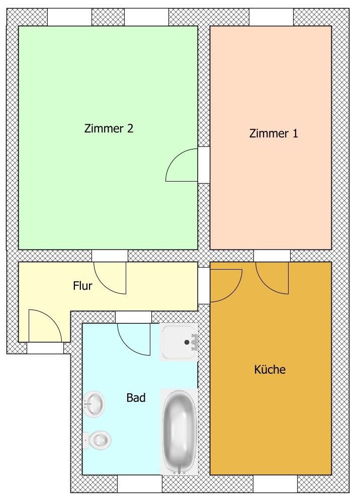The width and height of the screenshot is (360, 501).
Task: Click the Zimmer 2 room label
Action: pyautogui.click(x=109, y=128)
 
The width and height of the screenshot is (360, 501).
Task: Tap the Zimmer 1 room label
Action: pyautogui.click(x=274, y=133)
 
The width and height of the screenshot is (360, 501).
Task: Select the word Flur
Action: pyautogui.click(x=83, y=286)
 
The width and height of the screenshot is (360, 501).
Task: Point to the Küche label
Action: pyautogui.click(x=270, y=369)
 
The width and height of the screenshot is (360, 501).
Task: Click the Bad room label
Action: pyautogui.click(x=136, y=398)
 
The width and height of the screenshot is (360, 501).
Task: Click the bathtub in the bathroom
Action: pyautogui.click(x=179, y=432)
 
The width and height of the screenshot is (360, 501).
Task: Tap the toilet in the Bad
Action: pyautogui.click(x=98, y=440)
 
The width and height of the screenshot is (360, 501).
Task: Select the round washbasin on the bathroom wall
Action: pyautogui.click(x=94, y=404)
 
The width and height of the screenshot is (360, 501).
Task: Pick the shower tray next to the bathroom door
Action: pyautogui.click(x=179, y=342)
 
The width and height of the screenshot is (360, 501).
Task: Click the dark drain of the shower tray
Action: pyautogui.click(x=187, y=342)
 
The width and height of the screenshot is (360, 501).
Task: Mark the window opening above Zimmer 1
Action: pyautogui.click(x=271, y=17)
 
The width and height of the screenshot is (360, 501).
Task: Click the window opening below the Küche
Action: pyautogui.click(x=276, y=484)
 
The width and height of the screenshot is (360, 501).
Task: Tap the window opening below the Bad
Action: pyautogui.click(x=140, y=484)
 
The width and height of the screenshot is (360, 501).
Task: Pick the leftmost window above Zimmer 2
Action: pyautogui.click(x=69, y=17)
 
